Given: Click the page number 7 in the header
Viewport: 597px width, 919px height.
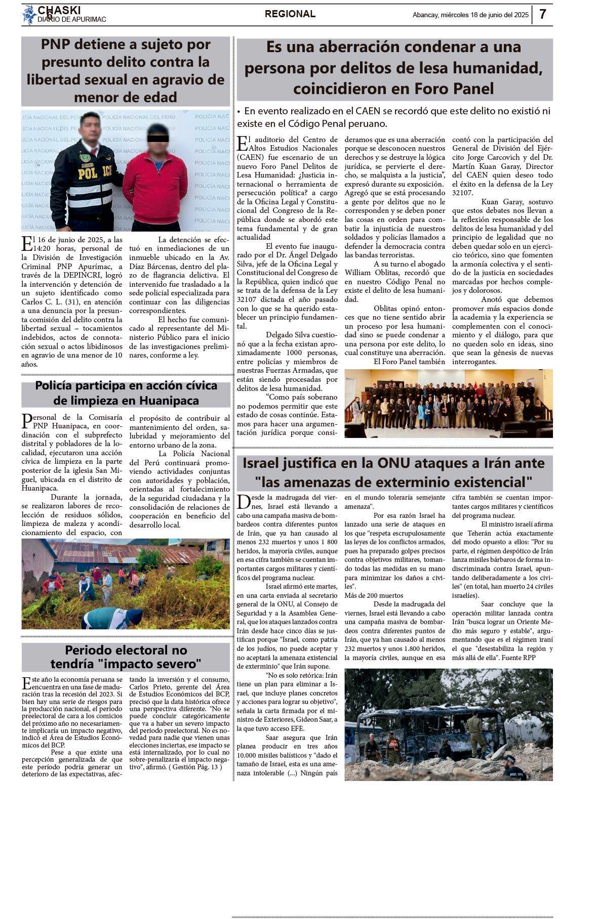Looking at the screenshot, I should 542,14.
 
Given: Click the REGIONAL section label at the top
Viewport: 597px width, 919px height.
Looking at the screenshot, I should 290,14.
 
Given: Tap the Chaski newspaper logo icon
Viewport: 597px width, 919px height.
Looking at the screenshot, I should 29,15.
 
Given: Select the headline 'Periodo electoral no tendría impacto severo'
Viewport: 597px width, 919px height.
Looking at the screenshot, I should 126,657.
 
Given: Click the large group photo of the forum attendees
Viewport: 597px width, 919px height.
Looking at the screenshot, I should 448,403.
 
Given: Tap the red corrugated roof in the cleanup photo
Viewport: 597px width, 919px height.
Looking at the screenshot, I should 127,553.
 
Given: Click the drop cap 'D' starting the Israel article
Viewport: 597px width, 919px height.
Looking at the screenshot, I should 244,502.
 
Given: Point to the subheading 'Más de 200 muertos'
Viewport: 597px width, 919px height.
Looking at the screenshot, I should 374,595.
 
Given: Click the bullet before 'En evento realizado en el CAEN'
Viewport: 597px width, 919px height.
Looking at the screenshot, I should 239,111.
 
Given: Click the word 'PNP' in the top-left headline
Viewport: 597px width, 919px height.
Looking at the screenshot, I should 55,45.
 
